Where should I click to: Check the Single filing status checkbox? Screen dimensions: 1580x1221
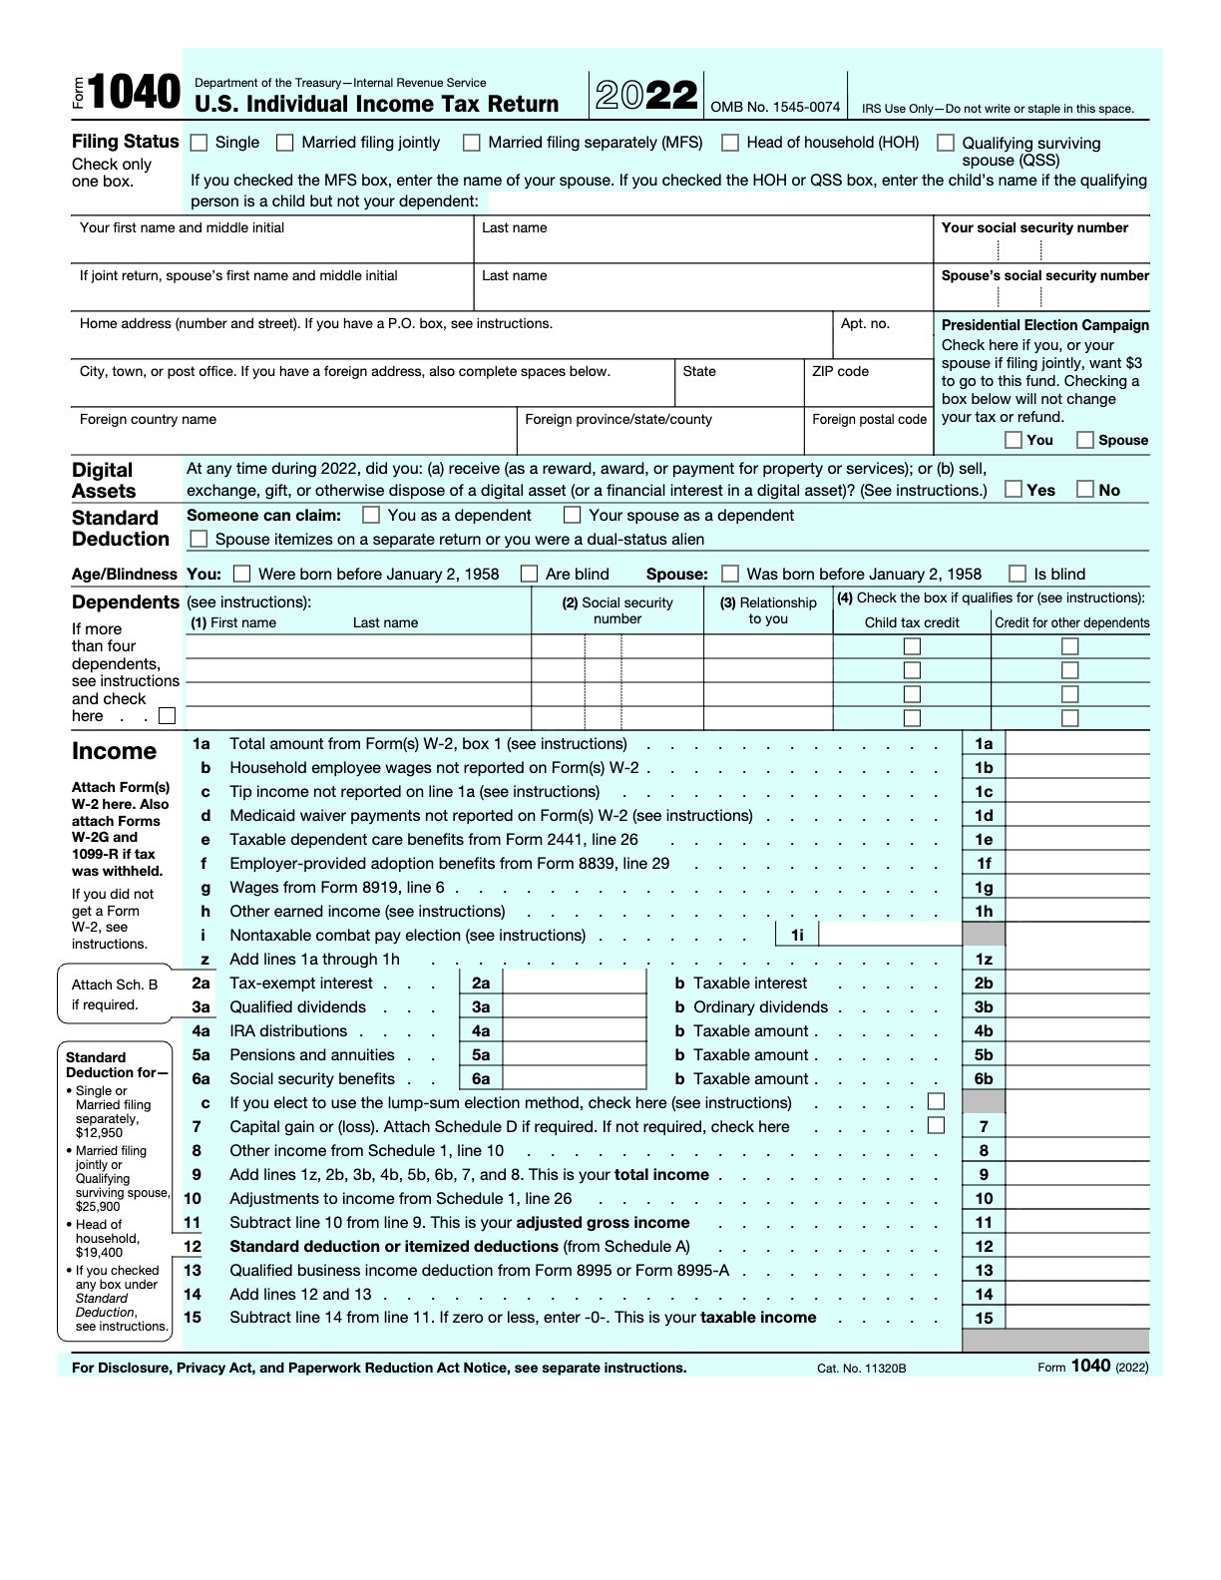click(x=199, y=143)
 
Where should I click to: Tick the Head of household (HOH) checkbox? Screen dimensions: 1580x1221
click(x=730, y=143)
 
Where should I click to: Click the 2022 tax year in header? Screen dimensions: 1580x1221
click(x=646, y=96)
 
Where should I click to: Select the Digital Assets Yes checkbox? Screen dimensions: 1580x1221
click(x=1014, y=489)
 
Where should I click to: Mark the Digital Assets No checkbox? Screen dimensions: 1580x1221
click(x=1085, y=489)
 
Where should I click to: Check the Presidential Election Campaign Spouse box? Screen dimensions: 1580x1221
click(x=1085, y=440)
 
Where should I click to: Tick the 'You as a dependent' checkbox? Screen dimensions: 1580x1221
click(x=371, y=515)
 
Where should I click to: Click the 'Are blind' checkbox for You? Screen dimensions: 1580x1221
click(x=530, y=574)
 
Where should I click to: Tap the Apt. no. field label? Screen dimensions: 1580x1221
click(x=865, y=323)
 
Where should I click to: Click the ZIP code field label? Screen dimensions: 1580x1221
click(x=840, y=371)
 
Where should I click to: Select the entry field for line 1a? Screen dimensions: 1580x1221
click(x=1076, y=743)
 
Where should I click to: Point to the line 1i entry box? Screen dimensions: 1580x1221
click(x=889, y=935)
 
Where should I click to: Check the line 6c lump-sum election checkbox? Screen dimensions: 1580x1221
click(x=936, y=1102)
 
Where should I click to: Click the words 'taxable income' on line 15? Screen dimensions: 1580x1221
click(x=758, y=1317)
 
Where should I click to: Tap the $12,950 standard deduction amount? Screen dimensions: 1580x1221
click(x=99, y=1132)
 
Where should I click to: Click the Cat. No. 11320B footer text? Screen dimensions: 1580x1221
click(x=861, y=1368)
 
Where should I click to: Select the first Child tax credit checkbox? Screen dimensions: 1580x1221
click(x=912, y=646)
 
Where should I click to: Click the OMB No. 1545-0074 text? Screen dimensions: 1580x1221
click(x=775, y=107)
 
